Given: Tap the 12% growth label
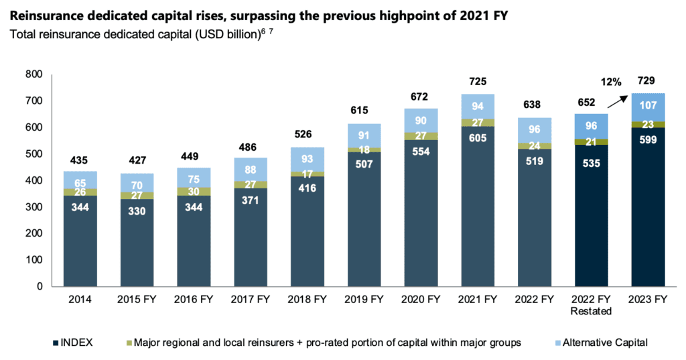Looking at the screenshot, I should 611,82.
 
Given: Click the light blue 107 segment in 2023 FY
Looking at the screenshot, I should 648,106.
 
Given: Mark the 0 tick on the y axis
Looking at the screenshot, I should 40,286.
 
